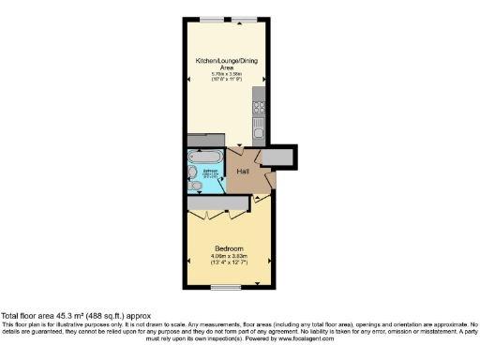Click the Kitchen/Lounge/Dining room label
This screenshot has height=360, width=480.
click(226, 62)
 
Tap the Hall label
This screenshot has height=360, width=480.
click(242, 172)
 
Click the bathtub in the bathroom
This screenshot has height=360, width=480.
click(205, 157)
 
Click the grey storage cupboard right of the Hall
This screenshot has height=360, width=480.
click(278, 157)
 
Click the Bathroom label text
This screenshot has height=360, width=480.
click(211, 172)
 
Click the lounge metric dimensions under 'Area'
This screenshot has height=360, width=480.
click(226, 73)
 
